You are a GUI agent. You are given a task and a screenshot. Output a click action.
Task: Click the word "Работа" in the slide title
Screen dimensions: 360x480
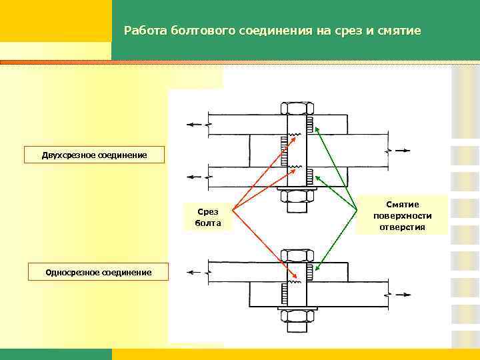(145, 31)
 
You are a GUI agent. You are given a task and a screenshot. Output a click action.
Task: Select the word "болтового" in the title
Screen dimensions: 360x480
(199, 31)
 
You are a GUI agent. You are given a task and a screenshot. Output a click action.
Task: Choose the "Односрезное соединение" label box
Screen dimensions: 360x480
(98, 271)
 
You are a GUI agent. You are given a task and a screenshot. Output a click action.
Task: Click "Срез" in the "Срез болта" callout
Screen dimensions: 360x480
(207, 211)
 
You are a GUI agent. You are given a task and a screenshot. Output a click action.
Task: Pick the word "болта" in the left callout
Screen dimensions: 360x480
(207, 223)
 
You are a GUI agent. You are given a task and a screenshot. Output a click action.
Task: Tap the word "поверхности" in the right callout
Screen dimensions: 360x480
(402, 215)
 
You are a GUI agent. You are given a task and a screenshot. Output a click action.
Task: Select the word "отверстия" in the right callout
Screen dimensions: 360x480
(402, 227)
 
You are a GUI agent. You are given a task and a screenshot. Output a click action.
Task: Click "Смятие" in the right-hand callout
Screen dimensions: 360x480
(402, 204)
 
